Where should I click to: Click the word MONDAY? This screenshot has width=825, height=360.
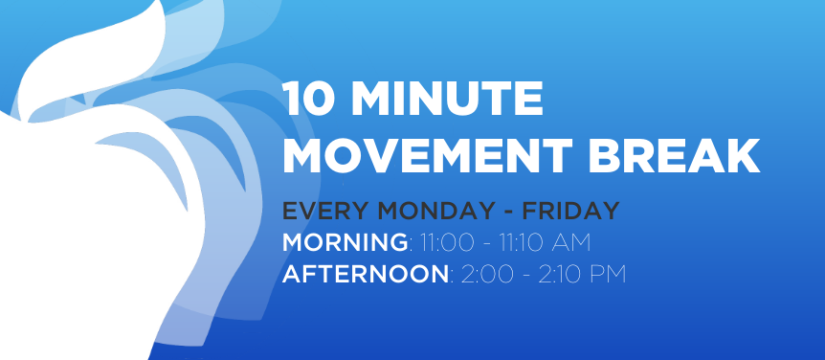click(x=434, y=211)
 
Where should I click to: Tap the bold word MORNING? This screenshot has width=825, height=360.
click(x=345, y=242)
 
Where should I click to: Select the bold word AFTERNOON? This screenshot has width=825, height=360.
click(x=366, y=275)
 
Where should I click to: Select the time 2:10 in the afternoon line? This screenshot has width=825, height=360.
click(x=558, y=275)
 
